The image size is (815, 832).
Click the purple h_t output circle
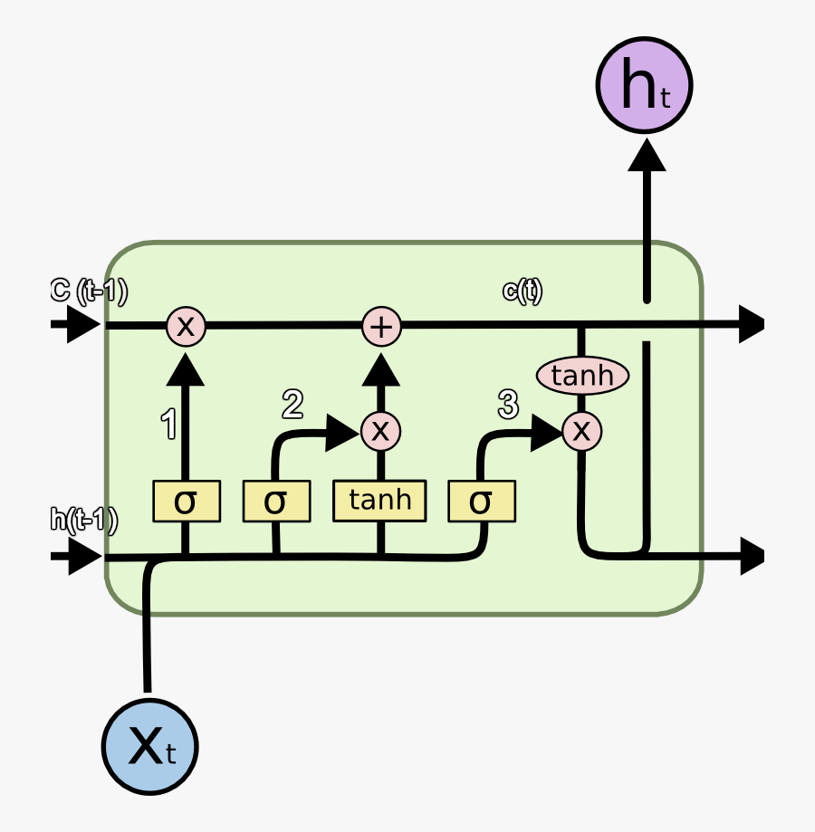[x=644, y=85]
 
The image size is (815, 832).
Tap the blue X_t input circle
[x=149, y=747]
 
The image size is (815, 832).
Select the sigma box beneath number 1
[x=186, y=502]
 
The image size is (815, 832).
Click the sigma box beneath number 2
[x=276, y=502]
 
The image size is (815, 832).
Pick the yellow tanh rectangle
[x=379, y=501]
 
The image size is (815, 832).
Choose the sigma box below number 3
[x=482, y=502]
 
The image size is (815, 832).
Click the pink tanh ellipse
[x=582, y=375]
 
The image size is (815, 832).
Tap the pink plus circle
[x=382, y=326]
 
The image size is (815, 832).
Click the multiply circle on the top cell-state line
[x=186, y=325]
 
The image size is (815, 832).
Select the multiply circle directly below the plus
[x=380, y=432]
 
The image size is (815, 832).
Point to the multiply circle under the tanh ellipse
[x=581, y=432]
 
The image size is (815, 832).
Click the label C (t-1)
[x=88, y=291]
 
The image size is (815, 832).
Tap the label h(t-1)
[x=83, y=519]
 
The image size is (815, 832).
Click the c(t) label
[x=523, y=291]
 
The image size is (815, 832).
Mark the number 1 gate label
[x=168, y=424]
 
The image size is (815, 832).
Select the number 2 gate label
[x=292, y=405]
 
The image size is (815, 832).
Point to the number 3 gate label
[x=508, y=405]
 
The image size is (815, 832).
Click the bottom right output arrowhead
[x=752, y=555]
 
